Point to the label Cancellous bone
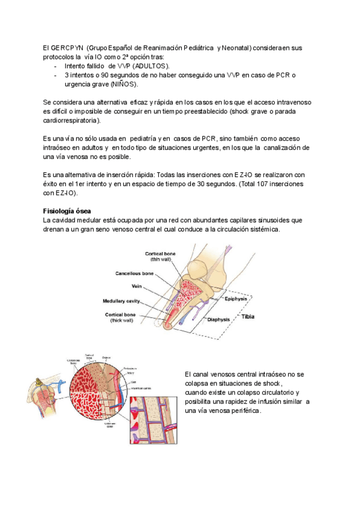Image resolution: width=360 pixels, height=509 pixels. pos(134,274)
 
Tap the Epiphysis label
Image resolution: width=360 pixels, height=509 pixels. pos(235,298)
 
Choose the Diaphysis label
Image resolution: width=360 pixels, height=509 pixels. pos(220,320)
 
